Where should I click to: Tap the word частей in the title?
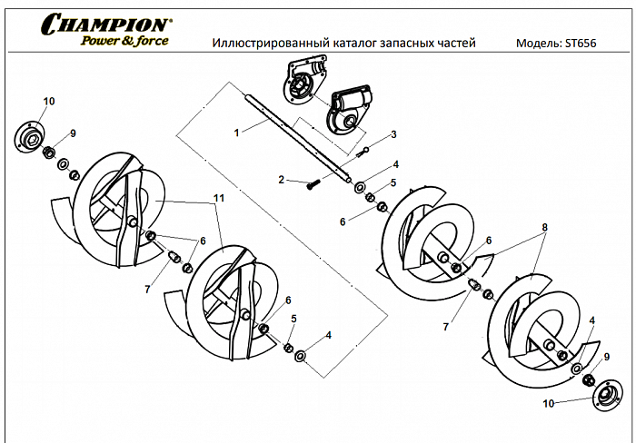pyautogui.click(x=455, y=44)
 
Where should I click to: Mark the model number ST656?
pyautogui.click(x=582, y=44)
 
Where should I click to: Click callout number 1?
pyautogui.click(x=236, y=132)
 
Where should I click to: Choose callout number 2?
pyautogui.click(x=282, y=180)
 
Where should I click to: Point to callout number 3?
pyautogui.click(x=393, y=134)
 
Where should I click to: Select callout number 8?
pyautogui.click(x=544, y=227)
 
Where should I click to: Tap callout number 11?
pyautogui.click(x=217, y=198)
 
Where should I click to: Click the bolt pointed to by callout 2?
pyautogui.click(x=313, y=184)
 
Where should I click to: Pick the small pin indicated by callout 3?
pyautogui.click(x=366, y=151)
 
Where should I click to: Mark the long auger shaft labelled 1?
pyautogui.click(x=300, y=136)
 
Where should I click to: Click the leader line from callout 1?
pyautogui.click(x=253, y=128)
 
